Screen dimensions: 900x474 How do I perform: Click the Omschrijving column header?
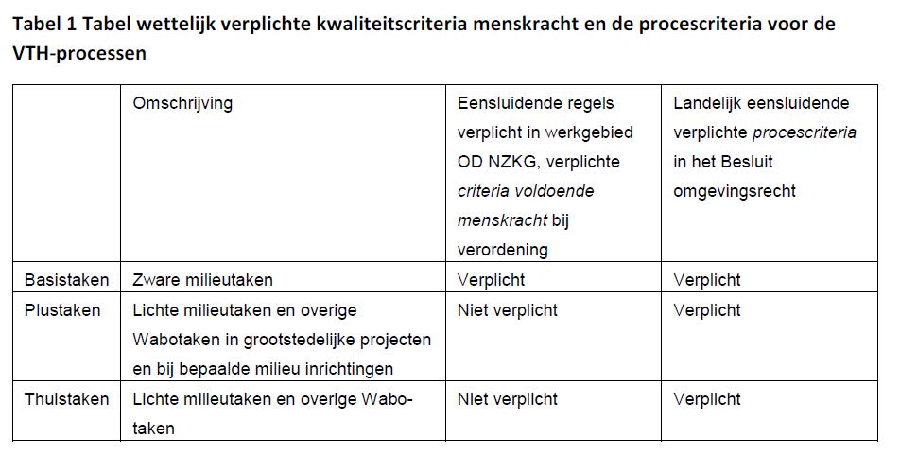tap(182, 104)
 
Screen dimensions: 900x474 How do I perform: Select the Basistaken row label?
tap(67, 280)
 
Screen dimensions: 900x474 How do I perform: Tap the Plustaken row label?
tap(62, 310)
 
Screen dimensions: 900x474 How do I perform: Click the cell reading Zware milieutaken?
tap(203, 280)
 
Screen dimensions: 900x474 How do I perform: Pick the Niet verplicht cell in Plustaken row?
tap(508, 310)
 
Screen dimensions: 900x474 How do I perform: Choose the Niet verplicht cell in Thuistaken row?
tap(508, 399)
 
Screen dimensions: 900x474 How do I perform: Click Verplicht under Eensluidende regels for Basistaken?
tap(491, 280)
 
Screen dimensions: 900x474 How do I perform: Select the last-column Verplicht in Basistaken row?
tap(707, 280)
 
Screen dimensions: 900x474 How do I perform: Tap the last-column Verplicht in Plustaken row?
tap(707, 310)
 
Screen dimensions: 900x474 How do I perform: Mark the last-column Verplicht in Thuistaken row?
tap(707, 399)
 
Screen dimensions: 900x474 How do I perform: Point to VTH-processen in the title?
tap(79, 53)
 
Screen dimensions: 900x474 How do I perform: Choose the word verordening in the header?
tap(503, 251)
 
